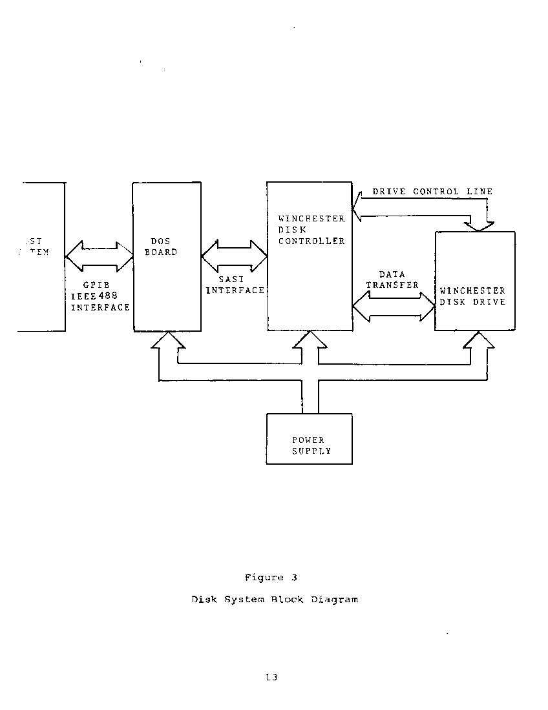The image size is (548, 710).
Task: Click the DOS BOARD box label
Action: point(160,247)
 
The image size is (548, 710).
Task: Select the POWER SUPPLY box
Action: point(310,439)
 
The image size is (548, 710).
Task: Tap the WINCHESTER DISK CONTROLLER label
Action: point(311,230)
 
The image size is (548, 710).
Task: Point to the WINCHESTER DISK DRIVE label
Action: point(472,296)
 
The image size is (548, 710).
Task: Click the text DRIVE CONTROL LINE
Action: point(432,192)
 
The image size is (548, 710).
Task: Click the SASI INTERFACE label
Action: point(235,285)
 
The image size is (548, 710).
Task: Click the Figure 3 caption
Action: point(271,578)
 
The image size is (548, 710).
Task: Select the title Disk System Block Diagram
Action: point(275,600)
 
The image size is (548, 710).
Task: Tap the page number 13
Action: point(271,678)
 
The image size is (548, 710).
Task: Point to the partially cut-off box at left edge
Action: point(41,257)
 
